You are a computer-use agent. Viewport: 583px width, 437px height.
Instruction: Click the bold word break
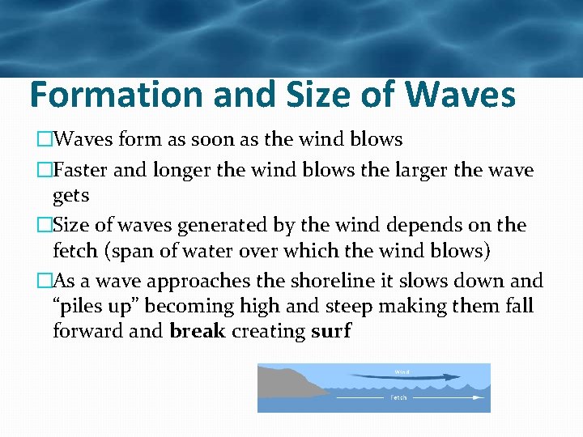(x=198, y=331)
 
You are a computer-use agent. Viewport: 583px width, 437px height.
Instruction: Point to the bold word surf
(x=331, y=331)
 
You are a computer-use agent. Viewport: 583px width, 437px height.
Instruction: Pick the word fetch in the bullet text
(x=74, y=251)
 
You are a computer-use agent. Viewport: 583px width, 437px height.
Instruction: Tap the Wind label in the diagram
(x=402, y=372)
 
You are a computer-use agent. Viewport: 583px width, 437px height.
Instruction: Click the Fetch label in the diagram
(x=399, y=397)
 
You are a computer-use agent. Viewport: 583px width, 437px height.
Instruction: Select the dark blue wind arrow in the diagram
(x=405, y=377)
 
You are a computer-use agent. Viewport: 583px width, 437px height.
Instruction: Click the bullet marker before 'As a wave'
(x=45, y=281)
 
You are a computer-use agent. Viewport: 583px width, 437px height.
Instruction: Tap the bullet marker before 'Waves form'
(x=45, y=140)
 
